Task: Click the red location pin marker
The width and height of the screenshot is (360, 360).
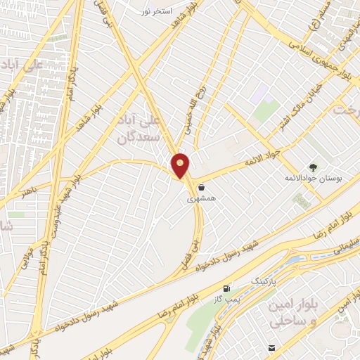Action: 181,165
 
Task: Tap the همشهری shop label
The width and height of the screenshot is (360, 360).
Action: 202,200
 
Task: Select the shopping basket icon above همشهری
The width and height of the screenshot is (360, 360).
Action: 202,187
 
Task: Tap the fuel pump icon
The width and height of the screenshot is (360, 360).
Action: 226,288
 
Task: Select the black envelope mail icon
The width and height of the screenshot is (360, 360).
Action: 271,348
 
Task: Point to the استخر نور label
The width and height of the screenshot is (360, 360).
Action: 155,12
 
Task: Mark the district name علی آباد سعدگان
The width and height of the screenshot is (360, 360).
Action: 138,126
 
